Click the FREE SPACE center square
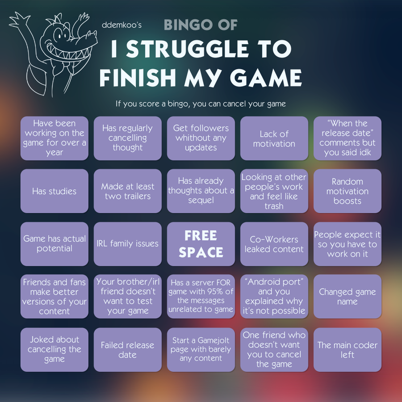[x=201, y=244]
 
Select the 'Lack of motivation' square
[x=274, y=138]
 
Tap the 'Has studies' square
[x=54, y=191]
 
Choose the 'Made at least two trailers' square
[x=128, y=191]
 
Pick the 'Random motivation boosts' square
[x=348, y=191]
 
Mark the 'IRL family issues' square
[x=128, y=244]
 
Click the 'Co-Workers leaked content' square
[x=274, y=244]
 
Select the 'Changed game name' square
[x=348, y=297]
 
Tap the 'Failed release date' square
[x=128, y=350]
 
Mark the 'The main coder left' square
[x=348, y=350]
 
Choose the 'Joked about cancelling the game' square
[x=54, y=350]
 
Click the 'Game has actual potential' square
[x=54, y=244]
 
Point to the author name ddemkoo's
[x=121, y=25]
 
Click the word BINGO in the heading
[x=188, y=25]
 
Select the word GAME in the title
[x=266, y=77]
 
